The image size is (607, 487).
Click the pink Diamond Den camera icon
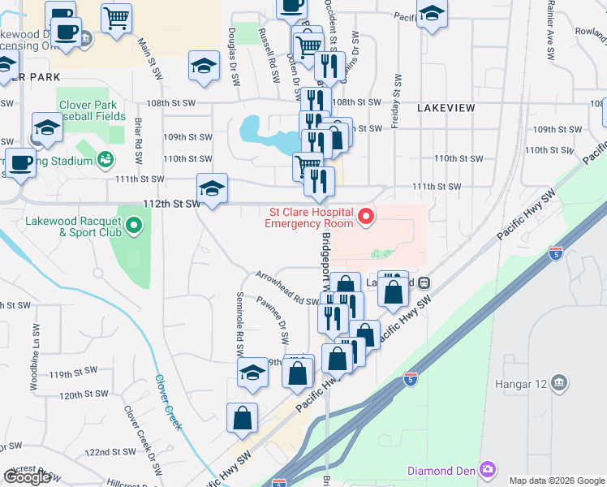(487, 469)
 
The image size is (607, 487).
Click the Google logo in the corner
(27, 477)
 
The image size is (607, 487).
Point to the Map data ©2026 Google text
(557, 481)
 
